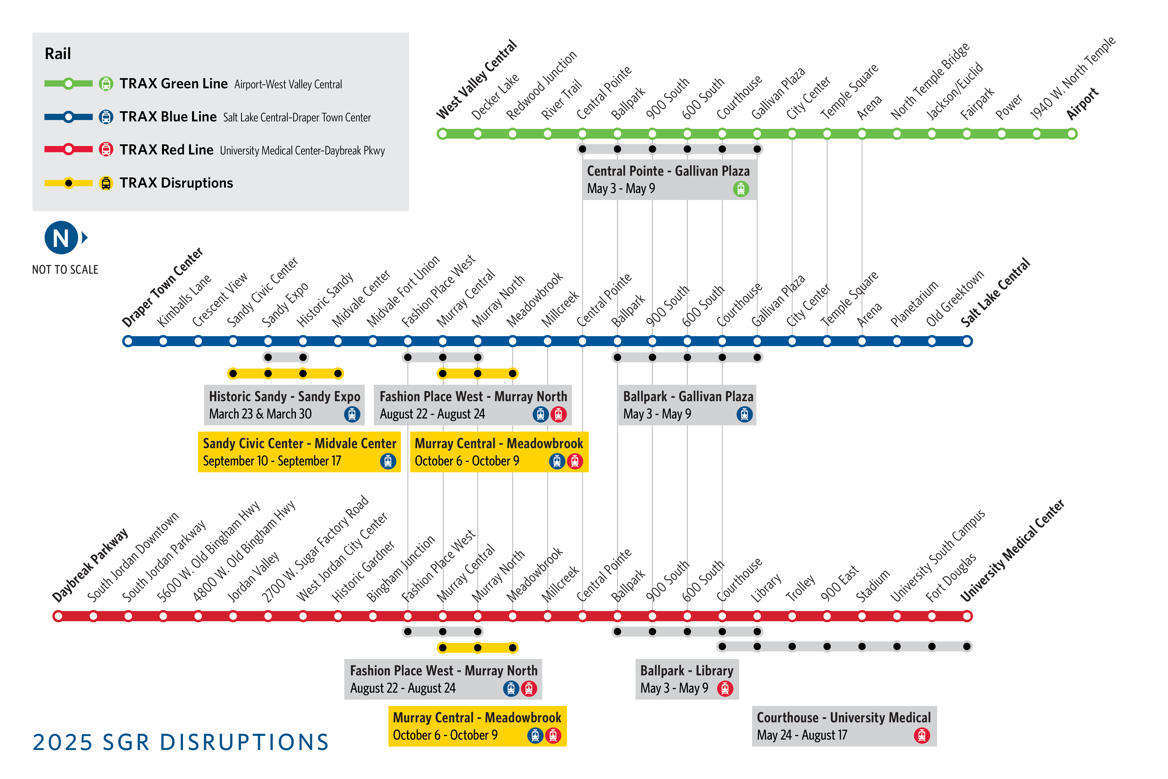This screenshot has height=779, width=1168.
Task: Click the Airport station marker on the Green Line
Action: [1072, 134]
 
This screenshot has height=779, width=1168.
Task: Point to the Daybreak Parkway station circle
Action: [58, 616]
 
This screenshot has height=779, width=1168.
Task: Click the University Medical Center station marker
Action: [967, 616]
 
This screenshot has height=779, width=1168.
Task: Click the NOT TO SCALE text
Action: [65, 270]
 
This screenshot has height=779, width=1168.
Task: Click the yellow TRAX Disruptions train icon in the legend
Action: [106, 183]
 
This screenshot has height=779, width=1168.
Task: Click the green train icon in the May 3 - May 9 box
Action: [740, 189]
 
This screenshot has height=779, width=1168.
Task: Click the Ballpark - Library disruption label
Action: [686, 671]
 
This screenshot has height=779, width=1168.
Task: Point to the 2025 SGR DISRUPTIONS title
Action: [181, 742]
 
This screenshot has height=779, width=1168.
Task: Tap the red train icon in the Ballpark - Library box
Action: [725, 689]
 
